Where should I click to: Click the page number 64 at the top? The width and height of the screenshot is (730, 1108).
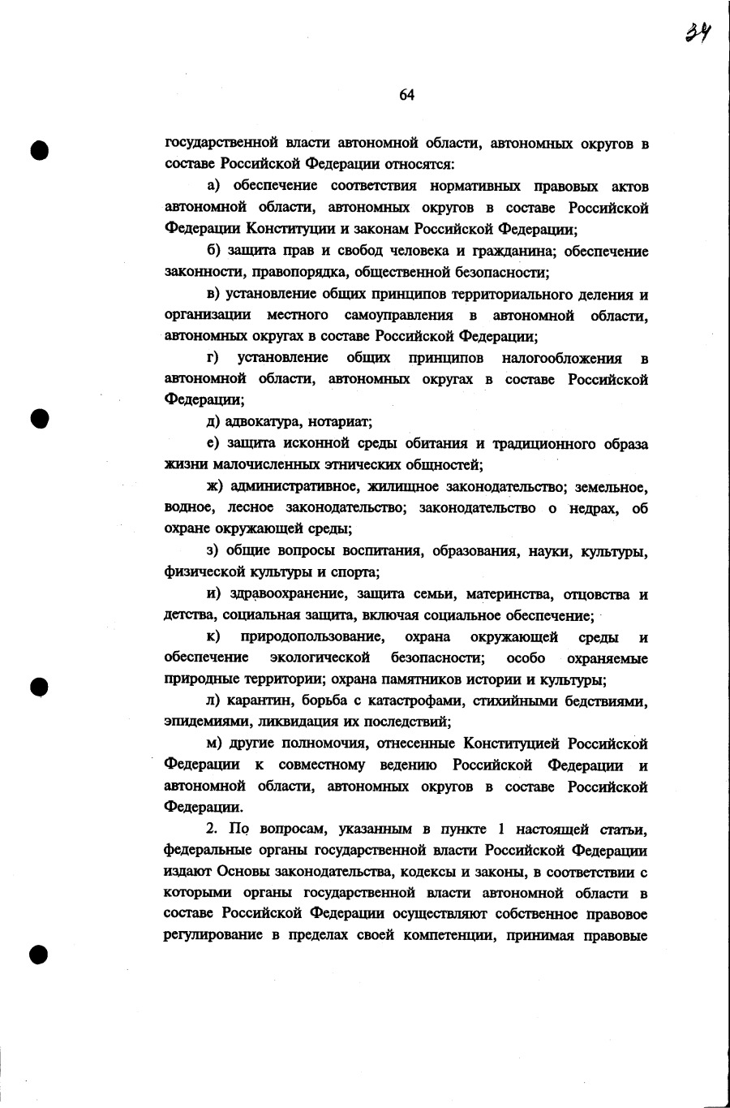click(x=406, y=95)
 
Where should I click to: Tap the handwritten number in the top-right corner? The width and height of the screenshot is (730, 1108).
click(x=698, y=32)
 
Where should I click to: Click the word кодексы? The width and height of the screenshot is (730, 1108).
click(x=395, y=872)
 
